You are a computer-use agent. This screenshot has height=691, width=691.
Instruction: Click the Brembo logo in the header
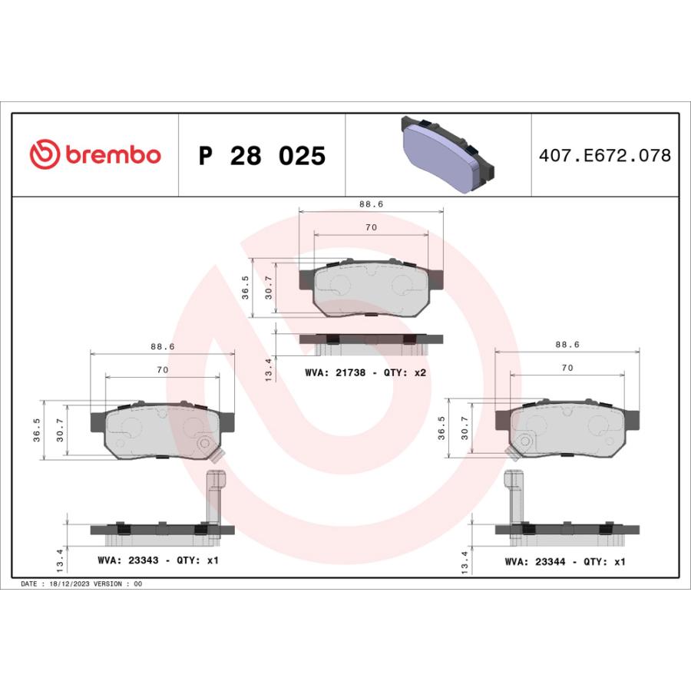coord(95,155)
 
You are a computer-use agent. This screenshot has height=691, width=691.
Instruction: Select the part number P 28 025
coord(262,156)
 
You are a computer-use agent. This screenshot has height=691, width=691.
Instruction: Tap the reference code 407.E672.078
coord(605,156)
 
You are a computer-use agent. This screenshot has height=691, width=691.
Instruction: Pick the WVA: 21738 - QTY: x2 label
coord(365,372)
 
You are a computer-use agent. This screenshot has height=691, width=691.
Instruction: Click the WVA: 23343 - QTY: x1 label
coord(157,560)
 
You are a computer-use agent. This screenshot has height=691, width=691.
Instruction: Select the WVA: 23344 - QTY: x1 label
coord(564,561)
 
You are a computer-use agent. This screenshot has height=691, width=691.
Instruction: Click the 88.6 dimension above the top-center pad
coord(371,204)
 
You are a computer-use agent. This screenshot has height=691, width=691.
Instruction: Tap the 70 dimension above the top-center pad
coord(371,228)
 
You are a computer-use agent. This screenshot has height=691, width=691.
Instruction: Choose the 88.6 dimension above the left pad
coord(163,347)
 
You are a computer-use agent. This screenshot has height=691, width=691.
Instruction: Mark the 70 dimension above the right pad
coord(567,369)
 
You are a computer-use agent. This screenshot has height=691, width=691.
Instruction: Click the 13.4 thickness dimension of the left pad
coord(60,559)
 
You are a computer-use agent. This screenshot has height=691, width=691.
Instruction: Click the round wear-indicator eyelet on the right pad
coord(525,441)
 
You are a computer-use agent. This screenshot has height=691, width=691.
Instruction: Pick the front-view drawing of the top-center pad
coord(371,289)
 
